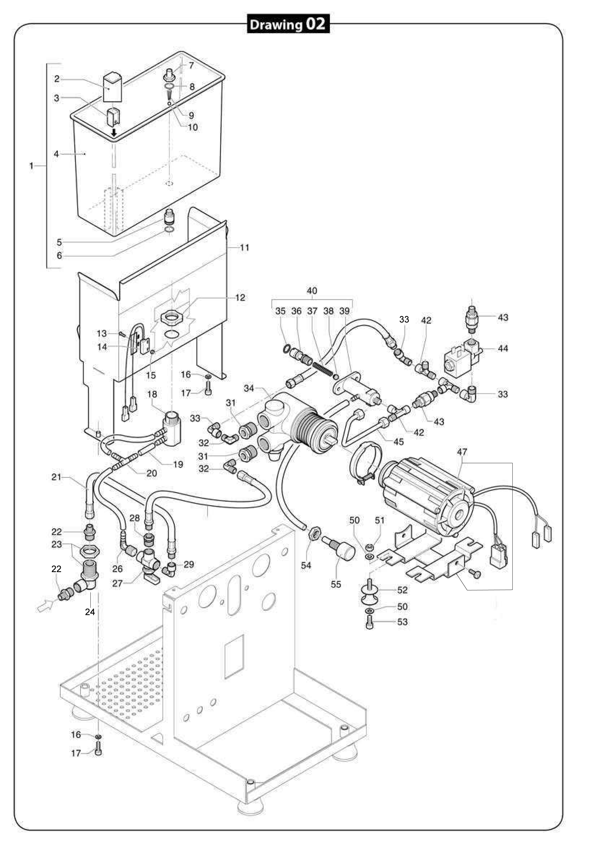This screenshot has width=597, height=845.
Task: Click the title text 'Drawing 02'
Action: tap(288, 24)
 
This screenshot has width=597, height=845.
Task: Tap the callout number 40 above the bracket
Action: tap(312, 291)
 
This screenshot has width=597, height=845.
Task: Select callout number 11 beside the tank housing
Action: tap(244, 247)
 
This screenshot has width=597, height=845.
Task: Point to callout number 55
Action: tap(336, 584)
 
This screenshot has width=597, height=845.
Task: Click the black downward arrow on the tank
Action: tap(114, 132)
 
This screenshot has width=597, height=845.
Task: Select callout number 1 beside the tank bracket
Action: tap(32, 166)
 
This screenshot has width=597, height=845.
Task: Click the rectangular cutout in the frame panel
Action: tap(234, 657)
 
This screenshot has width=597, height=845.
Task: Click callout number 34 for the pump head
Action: tap(249, 388)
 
